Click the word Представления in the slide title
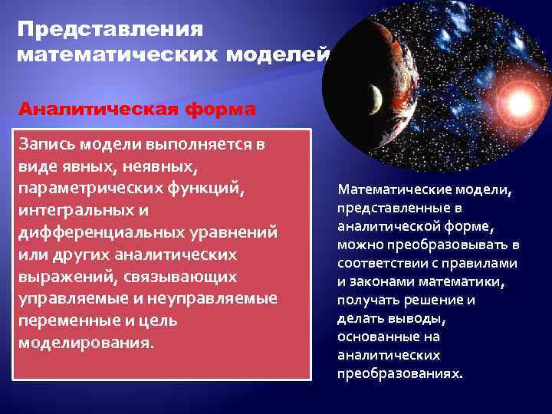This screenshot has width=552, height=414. pos(110,30)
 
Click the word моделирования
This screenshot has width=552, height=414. pos(84,342)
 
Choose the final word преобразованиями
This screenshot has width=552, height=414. pos(399,374)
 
